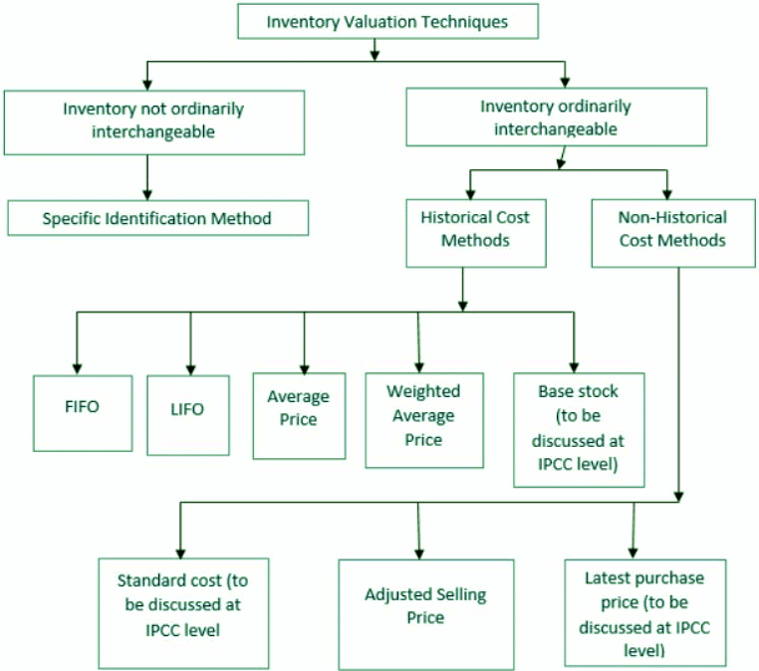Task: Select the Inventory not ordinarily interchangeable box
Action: click(x=153, y=120)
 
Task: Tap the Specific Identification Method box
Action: click(x=157, y=218)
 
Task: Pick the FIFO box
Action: click(x=82, y=412)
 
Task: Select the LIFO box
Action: click(x=188, y=412)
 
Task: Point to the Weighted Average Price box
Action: click(x=423, y=419)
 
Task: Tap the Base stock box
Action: click(x=579, y=430)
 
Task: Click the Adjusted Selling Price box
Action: click(x=425, y=605)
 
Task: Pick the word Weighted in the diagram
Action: click(x=422, y=393)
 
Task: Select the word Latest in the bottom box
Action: click(x=609, y=578)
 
